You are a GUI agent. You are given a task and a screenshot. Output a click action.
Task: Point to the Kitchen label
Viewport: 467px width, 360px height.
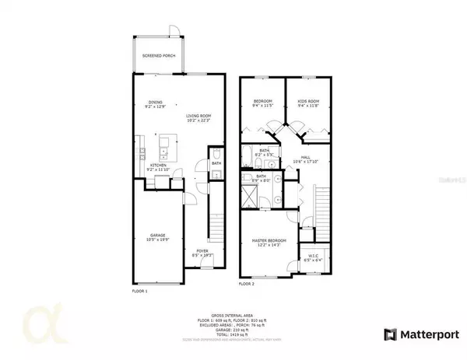coord(157,166)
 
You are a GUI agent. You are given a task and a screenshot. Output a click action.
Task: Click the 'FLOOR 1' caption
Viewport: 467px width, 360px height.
coord(141,290)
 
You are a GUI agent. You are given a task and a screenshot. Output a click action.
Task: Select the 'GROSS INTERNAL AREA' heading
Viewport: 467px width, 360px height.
coord(233,316)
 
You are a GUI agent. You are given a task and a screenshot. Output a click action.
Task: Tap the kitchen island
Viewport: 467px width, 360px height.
coord(166,149)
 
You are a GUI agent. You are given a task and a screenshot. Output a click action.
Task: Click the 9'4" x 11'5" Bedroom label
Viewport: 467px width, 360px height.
coord(262,102)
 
